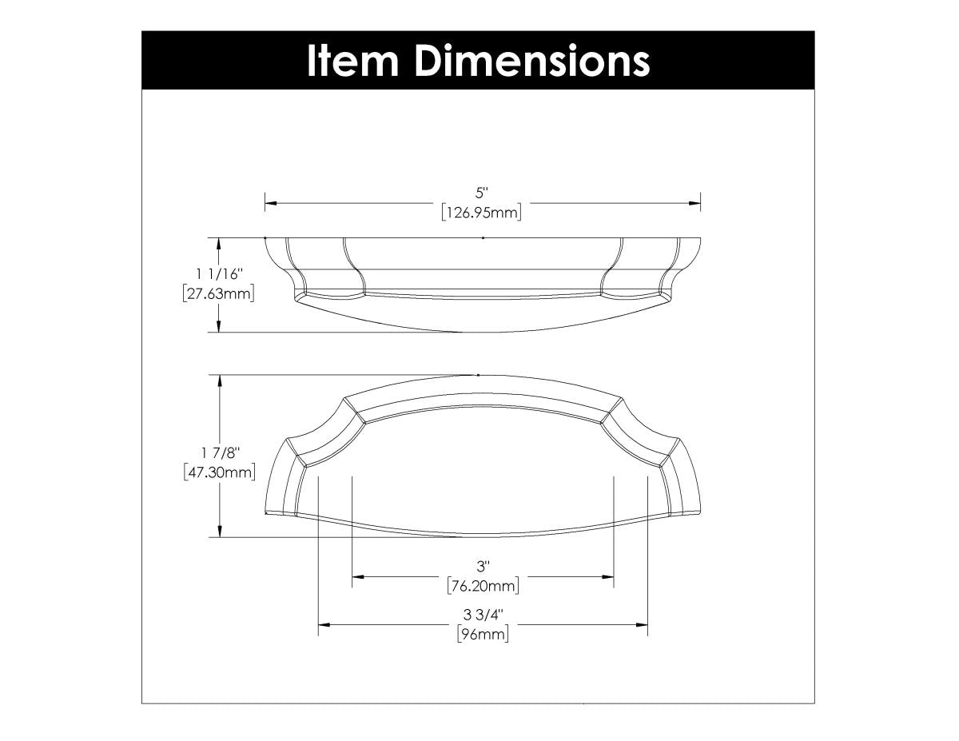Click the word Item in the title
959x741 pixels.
pyautogui.click(x=352, y=61)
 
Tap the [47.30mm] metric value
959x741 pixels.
pyautogui.click(x=219, y=472)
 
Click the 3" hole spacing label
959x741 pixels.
pyautogui.click(x=482, y=566)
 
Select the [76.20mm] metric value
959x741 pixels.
pyautogui.click(x=483, y=587)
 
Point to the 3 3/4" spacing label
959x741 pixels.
pyautogui.click(x=483, y=615)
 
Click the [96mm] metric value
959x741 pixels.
pyautogui.click(x=483, y=635)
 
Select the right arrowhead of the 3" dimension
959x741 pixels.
pyautogui.click(x=608, y=576)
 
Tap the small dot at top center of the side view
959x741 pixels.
pyautogui.click(x=483, y=237)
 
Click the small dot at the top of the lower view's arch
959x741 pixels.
pyautogui.click(x=478, y=374)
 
